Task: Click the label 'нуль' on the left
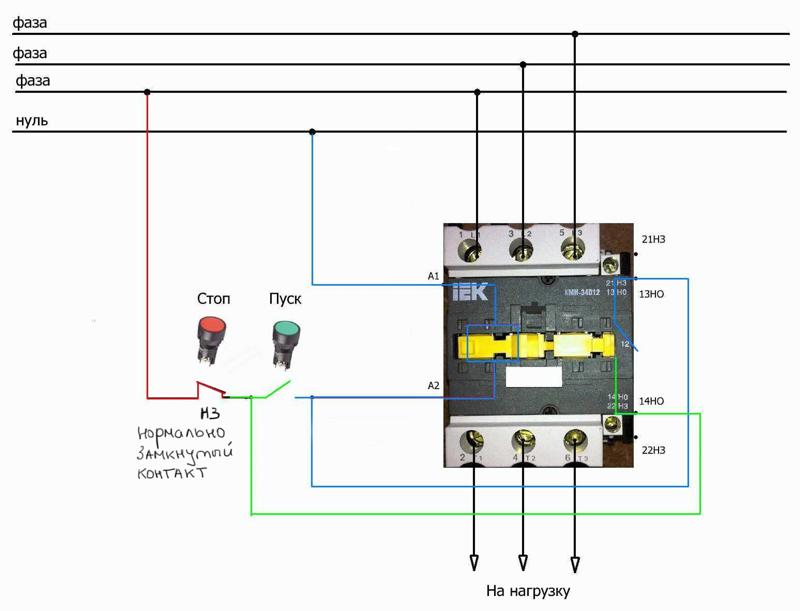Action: point(31,121)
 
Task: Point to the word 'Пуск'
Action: point(285,298)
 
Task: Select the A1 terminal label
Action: point(433,275)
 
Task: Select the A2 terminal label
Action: point(433,385)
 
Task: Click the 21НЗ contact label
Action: point(653,240)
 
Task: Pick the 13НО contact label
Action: point(653,294)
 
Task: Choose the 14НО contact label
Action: point(653,401)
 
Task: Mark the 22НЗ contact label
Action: point(653,450)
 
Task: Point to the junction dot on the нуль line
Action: point(313,132)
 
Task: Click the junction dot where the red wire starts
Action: point(148,93)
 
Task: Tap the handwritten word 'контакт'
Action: point(172,473)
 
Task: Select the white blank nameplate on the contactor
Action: point(531,377)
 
